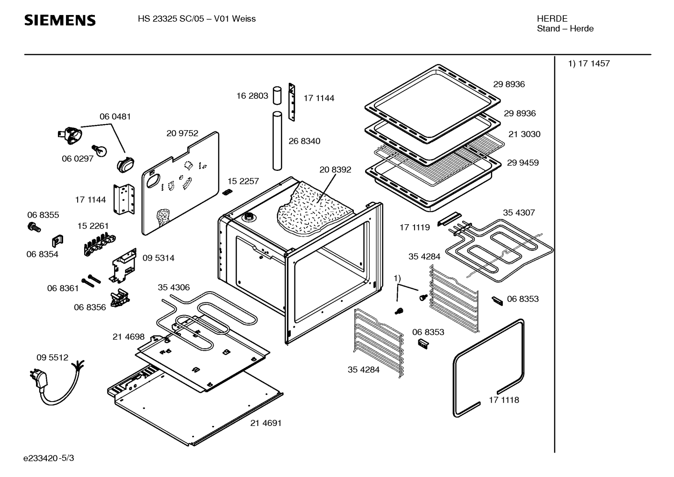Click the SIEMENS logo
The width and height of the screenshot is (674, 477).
click(60, 20)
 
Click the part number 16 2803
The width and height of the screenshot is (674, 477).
click(252, 95)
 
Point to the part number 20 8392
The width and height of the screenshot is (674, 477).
click(335, 169)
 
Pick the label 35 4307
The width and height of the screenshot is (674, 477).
click(518, 213)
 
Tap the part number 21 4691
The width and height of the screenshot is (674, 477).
click(265, 423)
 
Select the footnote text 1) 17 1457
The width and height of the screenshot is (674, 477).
click(588, 64)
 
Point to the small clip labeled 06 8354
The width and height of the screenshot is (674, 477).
click(57, 241)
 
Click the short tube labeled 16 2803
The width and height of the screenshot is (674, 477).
click(277, 95)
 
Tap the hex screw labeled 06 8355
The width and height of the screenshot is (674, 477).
click(34, 228)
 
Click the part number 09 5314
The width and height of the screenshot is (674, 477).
click(158, 258)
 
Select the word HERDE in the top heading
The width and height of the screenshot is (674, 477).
click(552, 19)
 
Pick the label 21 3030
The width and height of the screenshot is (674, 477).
click(524, 134)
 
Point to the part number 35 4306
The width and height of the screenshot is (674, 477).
click(173, 287)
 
